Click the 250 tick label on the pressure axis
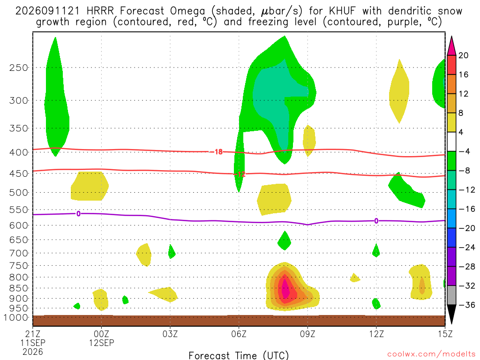18,67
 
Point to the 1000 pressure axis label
16,318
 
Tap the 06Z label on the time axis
239,334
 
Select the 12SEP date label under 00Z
101,343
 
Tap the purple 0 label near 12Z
376,221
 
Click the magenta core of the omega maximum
285,288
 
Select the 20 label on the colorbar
463,55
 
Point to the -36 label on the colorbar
467,305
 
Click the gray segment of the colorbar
451,295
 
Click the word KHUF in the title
342,11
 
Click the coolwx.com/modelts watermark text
431,354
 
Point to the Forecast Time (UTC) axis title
239,355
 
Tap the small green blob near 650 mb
285,240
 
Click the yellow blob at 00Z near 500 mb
90,186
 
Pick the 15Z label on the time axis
445,334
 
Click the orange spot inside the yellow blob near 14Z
422,286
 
